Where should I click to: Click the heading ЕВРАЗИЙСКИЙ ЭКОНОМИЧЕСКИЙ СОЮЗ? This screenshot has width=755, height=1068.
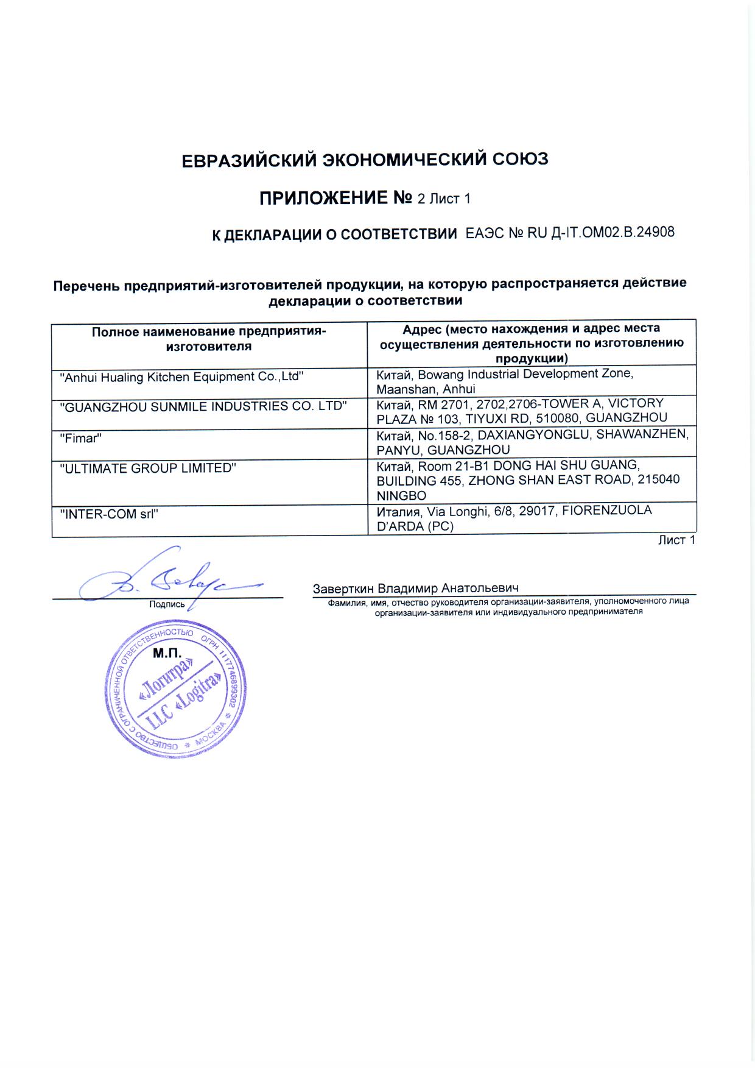(x=365, y=160)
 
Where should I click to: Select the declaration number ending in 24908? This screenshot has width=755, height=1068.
(x=570, y=232)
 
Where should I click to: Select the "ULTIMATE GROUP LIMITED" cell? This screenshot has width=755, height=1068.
(x=148, y=469)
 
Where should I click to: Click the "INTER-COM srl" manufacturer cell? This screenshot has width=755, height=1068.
(x=109, y=514)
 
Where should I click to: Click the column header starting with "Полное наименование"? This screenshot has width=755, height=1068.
(x=209, y=339)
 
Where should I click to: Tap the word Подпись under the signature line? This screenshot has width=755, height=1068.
(x=167, y=604)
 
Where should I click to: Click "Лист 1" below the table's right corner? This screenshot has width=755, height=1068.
(x=676, y=540)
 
